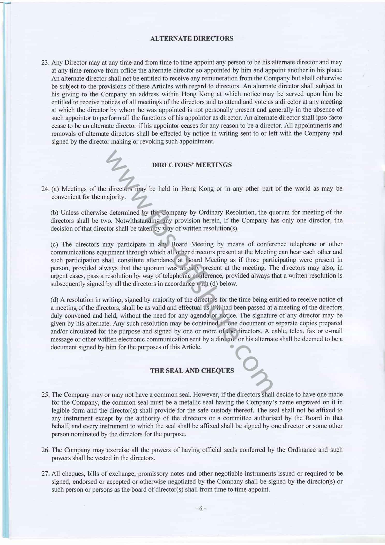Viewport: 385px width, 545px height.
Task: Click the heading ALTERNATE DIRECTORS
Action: [192, 39]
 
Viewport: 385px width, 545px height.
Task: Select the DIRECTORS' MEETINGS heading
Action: [192, 165]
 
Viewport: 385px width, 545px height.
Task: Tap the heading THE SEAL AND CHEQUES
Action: [192, 370]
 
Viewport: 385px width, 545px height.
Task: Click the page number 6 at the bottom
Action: [201, 508]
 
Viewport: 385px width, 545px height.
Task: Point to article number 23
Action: [45, 63]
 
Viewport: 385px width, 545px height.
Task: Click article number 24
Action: [45, 189]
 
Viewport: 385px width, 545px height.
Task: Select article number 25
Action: [45, 395]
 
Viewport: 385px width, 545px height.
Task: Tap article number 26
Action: [45, 450]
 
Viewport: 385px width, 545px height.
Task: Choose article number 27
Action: [45, 474]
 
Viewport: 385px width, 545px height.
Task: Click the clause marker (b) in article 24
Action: [54, 213]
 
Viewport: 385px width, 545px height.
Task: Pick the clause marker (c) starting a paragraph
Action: [54, 244]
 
